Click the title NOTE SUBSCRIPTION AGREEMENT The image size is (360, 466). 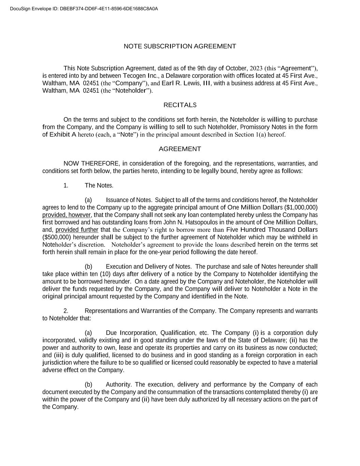tap(180, 46)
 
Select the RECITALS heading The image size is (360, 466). tap(180, 105)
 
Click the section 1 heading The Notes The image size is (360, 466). tap(99, 185)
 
